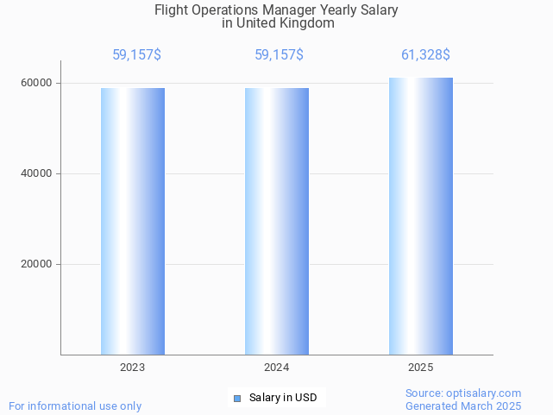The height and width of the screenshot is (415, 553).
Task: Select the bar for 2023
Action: (133, 221)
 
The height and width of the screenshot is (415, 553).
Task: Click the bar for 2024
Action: (277, 221)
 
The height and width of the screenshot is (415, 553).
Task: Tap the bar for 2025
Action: (421, 216)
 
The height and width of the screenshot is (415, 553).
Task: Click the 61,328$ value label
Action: (425, 55)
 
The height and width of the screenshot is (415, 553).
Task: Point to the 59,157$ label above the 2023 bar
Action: (136, 55)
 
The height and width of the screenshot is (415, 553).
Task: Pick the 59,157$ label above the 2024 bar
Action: (279, 55)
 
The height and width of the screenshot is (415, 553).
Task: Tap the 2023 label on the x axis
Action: (133, 368)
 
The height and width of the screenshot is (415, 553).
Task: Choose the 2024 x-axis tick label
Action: (277, 368)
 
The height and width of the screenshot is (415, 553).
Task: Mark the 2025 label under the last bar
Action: (421, 368)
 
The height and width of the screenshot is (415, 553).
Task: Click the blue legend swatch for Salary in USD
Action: (237, 398)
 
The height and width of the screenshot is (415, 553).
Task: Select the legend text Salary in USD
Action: (283, 398)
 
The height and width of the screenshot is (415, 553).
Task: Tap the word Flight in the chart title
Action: (171, 11)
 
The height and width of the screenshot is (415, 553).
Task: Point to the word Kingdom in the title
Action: (308, 24)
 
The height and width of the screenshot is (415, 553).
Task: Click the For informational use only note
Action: (75, 406)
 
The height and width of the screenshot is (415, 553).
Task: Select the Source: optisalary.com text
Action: (463, 393)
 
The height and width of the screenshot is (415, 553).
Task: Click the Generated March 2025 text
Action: (463, 406)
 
